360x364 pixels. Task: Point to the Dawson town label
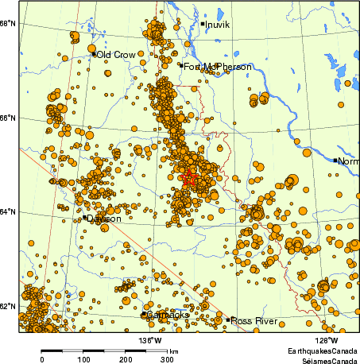(x=104, y=219)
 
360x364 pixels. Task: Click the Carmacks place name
(x=167, y=316)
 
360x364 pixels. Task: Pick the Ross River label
(x=254, y=321)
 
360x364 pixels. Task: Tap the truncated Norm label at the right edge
(x=348, y=161)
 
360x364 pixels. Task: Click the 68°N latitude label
(x=10, y=24)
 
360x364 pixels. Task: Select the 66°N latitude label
(x=10, y=118)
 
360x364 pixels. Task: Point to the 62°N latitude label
(x=10, y=307)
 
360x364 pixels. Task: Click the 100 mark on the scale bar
(x=83, y=359)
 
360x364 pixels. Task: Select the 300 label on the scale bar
(x=167, y=359)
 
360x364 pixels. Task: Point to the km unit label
(x=173, y=350)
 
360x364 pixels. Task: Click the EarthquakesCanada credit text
(x=322, y=350)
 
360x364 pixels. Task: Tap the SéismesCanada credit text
(x=325, y=359)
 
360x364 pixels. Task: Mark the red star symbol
(x=188, y=180)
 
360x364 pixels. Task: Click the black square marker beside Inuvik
(x=203, y=24)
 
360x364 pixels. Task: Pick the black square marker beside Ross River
(x=227, y=320)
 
